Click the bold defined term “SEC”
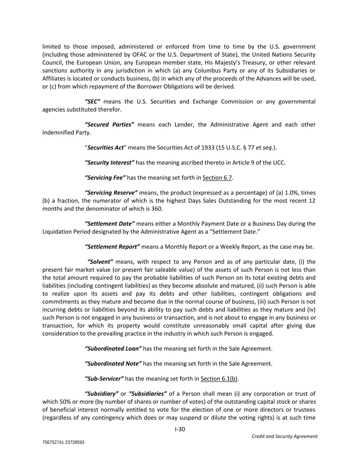[92, 102]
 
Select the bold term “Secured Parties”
[110, 125]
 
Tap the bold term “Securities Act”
[105, 147]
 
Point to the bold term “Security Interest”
[110, 163]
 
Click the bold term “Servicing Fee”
[105, 178]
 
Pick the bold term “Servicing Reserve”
[111, 193]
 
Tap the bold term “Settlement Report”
[112, 246]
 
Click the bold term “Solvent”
[100, 262]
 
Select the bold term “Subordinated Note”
[113, 364]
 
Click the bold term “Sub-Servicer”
[104, 379]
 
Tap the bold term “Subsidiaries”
[148, 394]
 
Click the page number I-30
[180, 429]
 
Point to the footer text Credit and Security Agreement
[285, 436]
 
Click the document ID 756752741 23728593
[63, 442]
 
